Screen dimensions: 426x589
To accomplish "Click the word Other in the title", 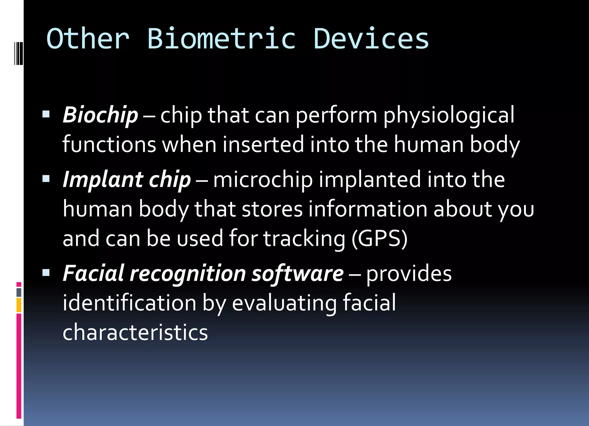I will [88, 39].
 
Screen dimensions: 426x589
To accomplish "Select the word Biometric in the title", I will [221, 39].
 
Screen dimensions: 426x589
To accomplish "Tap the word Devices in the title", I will [371, 39].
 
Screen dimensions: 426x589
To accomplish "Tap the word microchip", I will [263, 180].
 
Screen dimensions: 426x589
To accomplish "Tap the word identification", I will [129, 303].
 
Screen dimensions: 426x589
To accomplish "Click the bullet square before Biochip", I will [46, 114].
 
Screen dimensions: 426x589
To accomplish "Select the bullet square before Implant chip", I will [46, 179].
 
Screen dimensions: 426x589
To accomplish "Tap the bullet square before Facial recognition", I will [46, 272].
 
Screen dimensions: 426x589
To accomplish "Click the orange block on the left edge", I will [19, 305].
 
